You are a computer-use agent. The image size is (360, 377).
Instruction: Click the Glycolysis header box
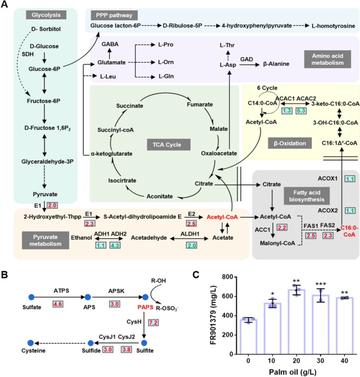pyautogui.click(x=46, y=15)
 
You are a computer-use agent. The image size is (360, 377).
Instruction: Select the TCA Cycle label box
pyautogui.click(x=169, y=145)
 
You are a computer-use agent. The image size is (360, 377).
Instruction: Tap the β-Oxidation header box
pyautogui.click(x=290, y=143)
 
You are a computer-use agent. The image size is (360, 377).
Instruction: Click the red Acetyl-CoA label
pyautogui.click(x=222, y=217)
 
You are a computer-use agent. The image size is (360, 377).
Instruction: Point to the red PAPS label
pyautogui.click(x=145, y=307)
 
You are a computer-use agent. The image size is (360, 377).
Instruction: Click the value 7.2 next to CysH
pyautogui.click(x=153, y=322)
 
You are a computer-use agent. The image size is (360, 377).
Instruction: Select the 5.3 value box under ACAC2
pyautogui.click(x=301, y=110)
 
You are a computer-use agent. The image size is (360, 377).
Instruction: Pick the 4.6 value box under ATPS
pyautogui.click(x=58, y=304)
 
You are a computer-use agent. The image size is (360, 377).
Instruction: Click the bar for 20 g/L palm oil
pyautogui.click(x=296, y=322)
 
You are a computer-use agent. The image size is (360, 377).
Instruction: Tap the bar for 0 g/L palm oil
pyautogui.click(x=249, y=337)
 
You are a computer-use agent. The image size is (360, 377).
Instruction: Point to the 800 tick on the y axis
pyautogui.click(x=227, y=277)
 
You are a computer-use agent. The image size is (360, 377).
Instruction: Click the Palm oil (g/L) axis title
pyautogui.click(x=293, y=372)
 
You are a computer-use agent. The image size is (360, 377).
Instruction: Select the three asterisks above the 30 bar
pyautogui.click(x=321, y=284)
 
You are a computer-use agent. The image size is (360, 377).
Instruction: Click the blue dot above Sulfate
pyautogui.click(x=31, y=297)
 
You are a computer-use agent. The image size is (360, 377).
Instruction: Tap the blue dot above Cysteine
pyautogui.click(x=31, y=343)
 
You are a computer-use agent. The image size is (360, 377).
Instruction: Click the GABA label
pyautogui.click(x=110, y=44)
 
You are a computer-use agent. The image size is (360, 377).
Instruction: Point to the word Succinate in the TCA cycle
pyautogui.click(x=129, y=106)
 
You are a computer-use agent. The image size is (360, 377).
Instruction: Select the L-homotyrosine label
pyautogui.click(x=333, y=26)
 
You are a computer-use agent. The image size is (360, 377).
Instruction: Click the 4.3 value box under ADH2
pyautogui.click(x=115, y=245)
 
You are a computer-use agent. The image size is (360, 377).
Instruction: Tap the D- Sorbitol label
pyautogui.click(x=46, y=29)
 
